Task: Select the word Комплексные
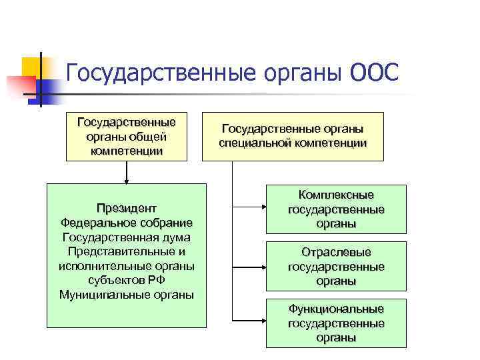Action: pos(336,195)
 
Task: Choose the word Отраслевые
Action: pos(336,253)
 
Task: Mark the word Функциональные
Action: pos(336,309)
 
